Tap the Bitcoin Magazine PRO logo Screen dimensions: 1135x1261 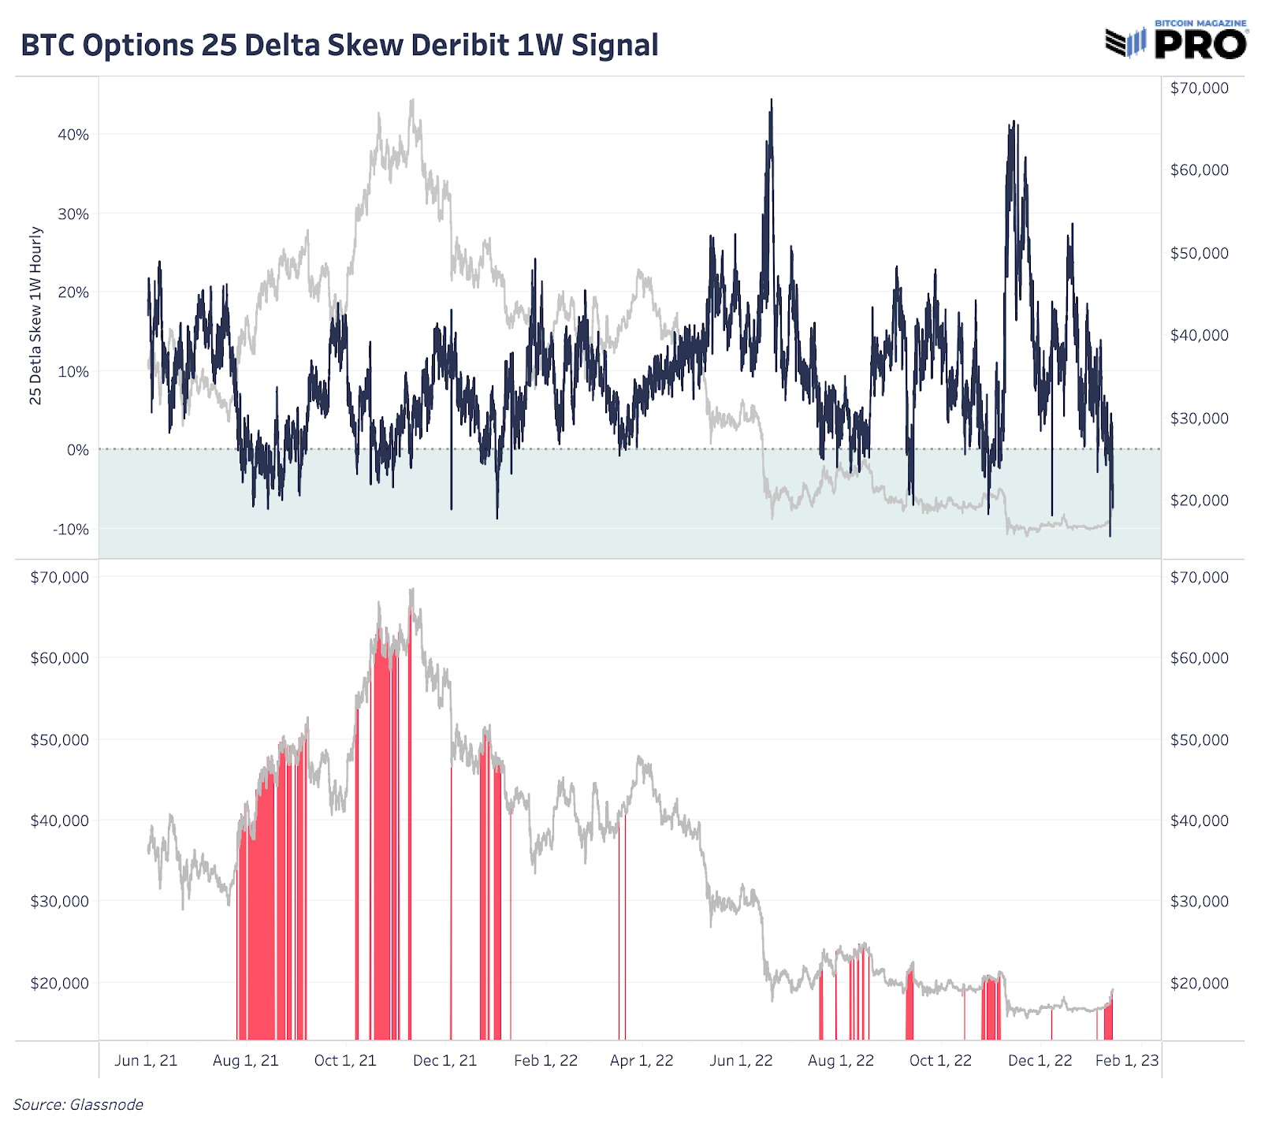(x=1177, y=40)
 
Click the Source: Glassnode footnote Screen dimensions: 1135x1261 (x=78, y=1104)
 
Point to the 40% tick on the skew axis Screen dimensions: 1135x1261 (x=73, y=135)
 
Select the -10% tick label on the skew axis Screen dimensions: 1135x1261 (x=71, y=530)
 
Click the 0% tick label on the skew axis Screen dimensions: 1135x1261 (x=77, y=450)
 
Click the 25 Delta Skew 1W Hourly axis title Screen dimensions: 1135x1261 (x=35, y=315)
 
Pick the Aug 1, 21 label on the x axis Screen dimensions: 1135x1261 (x=245, y=1060)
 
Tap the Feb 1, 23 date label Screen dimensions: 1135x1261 (x=1126, y=1060)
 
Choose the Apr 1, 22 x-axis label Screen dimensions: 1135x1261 (x=642, y=1060)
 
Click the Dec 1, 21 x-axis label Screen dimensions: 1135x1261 (x=445, y=1060)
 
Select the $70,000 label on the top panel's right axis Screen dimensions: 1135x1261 (x=1199, y=87)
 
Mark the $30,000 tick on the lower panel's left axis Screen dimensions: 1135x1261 (x=59, y=901)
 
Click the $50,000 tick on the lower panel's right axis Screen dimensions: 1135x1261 (x=1199, y=739)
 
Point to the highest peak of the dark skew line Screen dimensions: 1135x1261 (x=772, y=100)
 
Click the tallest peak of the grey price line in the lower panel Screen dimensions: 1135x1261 (x=411, y=589)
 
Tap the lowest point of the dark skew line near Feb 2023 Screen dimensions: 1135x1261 (x=1110, y=536)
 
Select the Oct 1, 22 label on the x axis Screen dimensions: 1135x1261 (x=940, y=1060)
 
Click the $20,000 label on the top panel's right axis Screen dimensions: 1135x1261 (x=1199, y=500)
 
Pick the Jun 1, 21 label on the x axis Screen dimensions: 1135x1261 (x=146, y=1060)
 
